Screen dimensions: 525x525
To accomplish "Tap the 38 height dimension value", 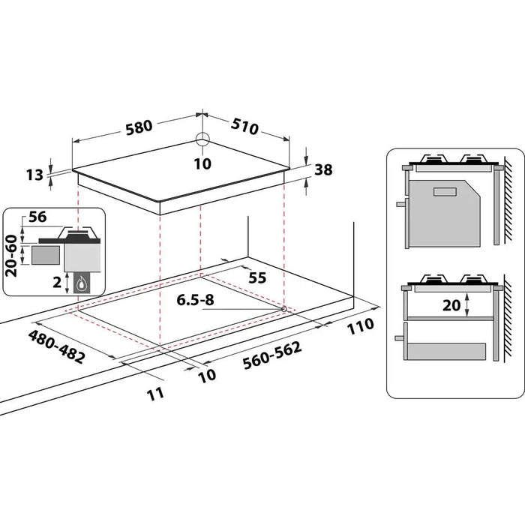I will coord(323,169).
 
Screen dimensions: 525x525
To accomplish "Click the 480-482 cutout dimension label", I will coord(56,346).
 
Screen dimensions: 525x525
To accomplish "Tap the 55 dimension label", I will coord(256,277).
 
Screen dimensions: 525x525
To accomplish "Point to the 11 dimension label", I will coord(155,393).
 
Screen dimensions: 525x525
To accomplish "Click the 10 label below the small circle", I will coord(202,163).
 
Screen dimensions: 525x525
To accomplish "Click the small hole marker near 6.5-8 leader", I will coord(283,307).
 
